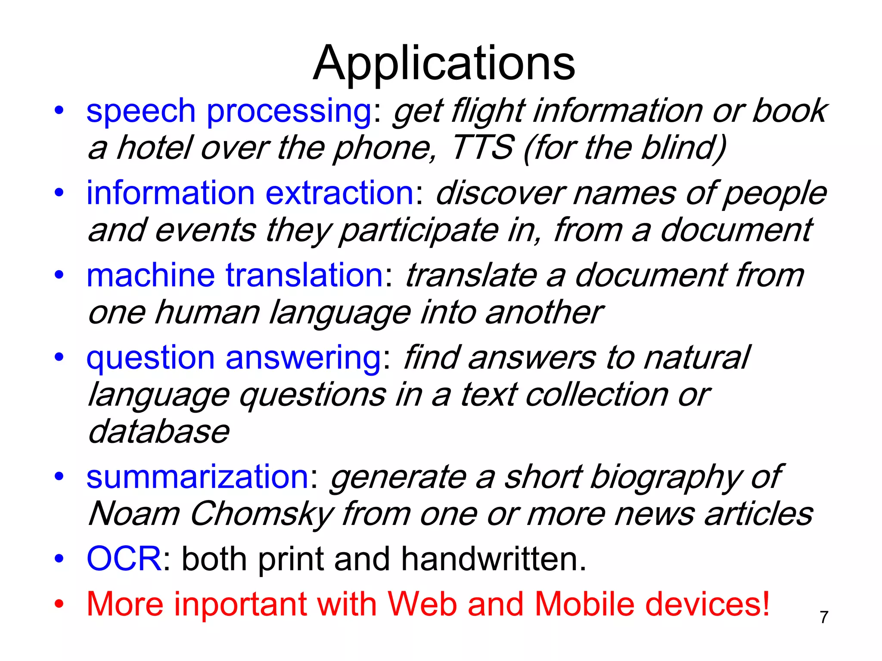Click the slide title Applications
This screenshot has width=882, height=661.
pos(444,64)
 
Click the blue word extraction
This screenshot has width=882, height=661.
pos(339,193)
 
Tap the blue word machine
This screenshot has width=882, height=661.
pos(150,275)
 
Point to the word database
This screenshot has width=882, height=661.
pos(158,432)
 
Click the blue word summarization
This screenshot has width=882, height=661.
pos(197,477)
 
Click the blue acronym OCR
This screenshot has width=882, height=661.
pos(124,559)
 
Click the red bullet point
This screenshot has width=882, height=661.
pos(59,604)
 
